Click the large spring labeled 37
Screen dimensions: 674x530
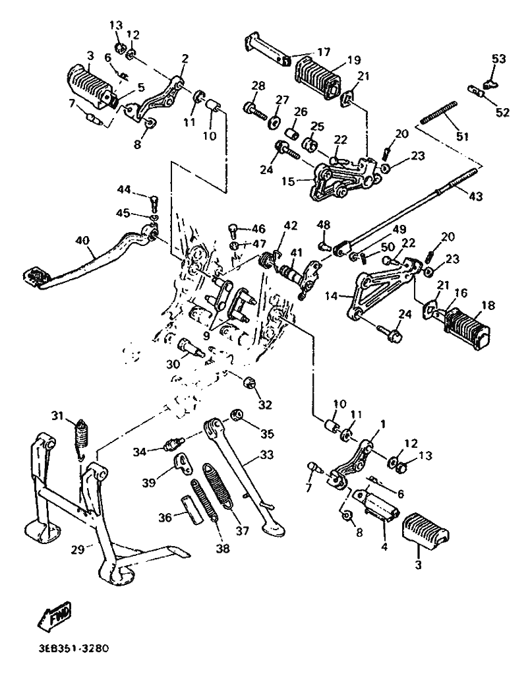218,487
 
